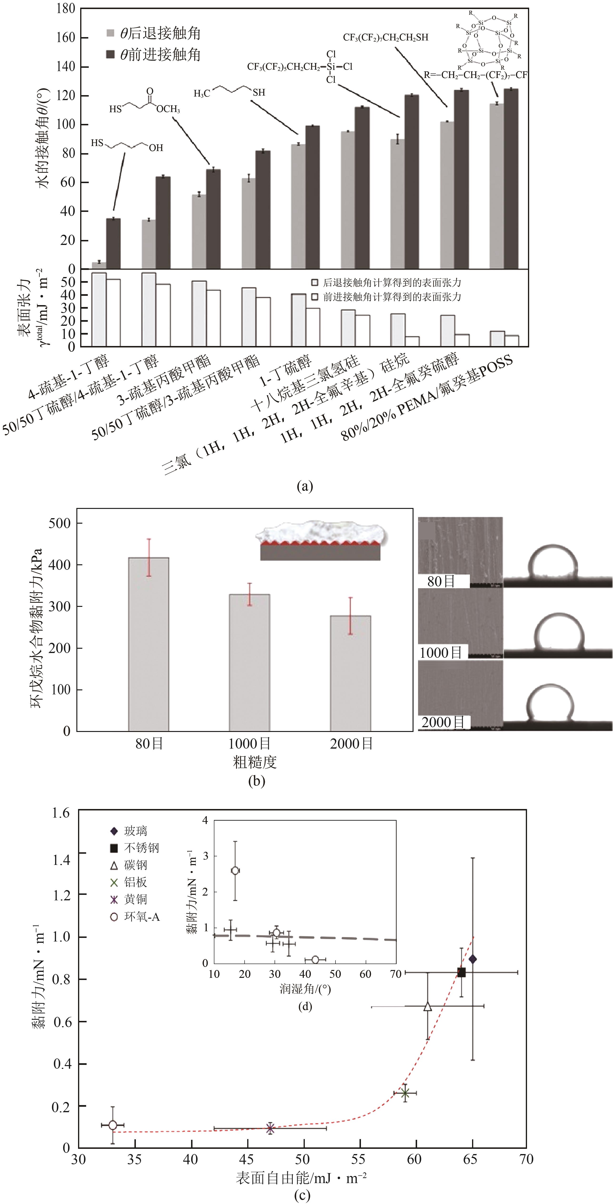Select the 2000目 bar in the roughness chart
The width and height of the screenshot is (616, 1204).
351,673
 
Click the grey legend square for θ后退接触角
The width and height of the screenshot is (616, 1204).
110,33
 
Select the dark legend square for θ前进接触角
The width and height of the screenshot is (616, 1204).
110,55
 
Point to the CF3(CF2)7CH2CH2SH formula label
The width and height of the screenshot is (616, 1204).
385,37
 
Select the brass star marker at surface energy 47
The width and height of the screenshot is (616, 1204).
270,1128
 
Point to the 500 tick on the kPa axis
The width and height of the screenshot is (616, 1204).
59,523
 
